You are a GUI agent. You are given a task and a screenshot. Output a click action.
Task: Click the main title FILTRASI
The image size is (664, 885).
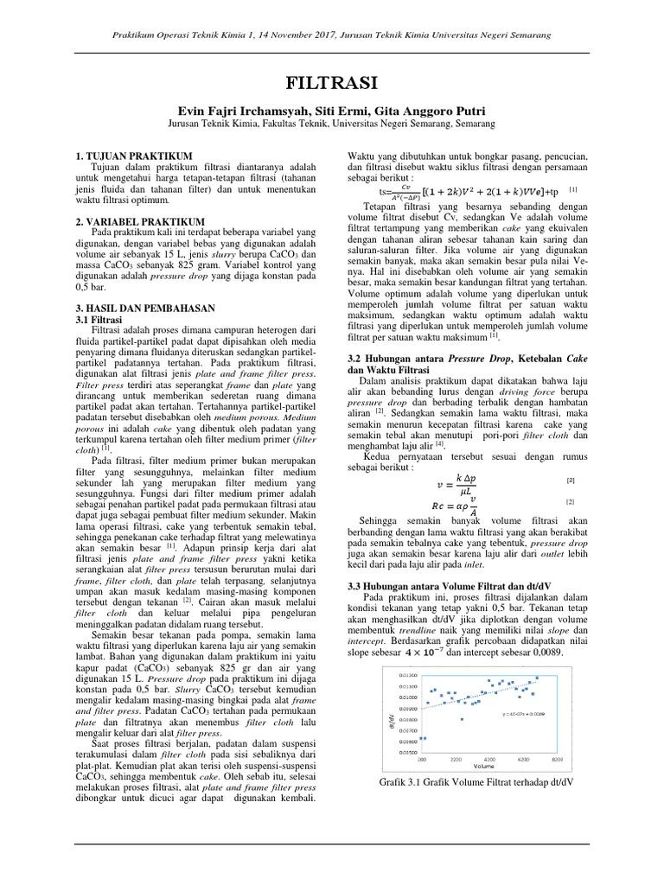point(331,84)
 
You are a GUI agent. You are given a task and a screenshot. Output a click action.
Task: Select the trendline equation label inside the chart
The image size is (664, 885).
point(522,715)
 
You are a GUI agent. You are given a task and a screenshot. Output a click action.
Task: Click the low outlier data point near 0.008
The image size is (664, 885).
point(463,719)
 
